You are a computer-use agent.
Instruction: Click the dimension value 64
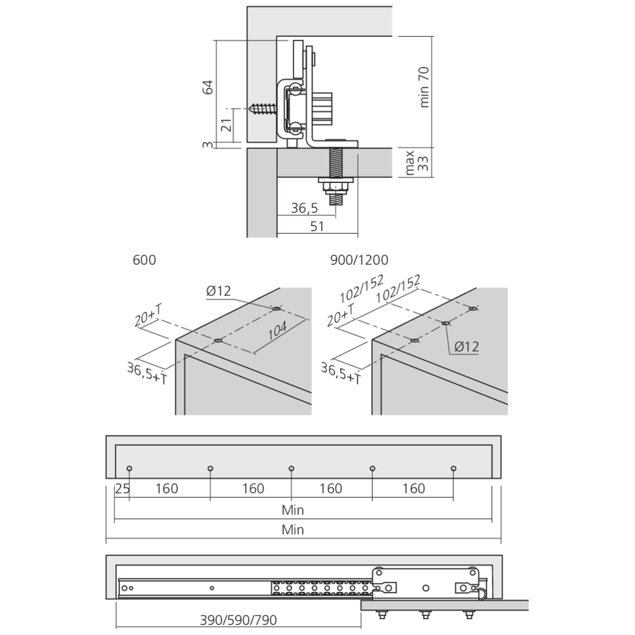(x=207, y=88)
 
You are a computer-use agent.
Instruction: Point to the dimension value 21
(x=225, y=125)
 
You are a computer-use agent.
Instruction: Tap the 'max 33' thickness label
(x=416, y=163)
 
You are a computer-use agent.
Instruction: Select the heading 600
(x=144, y=260)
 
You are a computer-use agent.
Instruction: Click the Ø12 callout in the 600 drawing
(x=218, y=291)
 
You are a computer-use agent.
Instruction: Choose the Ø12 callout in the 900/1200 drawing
(x=466, y=347)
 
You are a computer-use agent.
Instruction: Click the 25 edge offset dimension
(x=121, y=489)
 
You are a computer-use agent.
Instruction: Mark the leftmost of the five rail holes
(x=129, y=469)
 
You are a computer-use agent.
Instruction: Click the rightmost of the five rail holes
(x=453, y=469)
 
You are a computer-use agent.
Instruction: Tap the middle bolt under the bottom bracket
(x=424, y=613)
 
